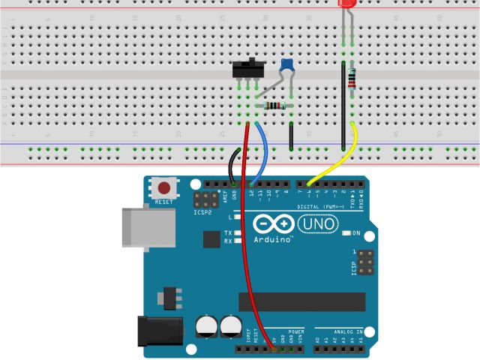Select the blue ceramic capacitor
[286, 65]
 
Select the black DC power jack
[157, 332]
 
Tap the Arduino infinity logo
[272, 224]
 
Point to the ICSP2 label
[203, 212]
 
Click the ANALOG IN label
[349, 331]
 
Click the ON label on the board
[356, 233]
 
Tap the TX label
[227, 232]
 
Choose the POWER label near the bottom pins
[295, 331]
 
